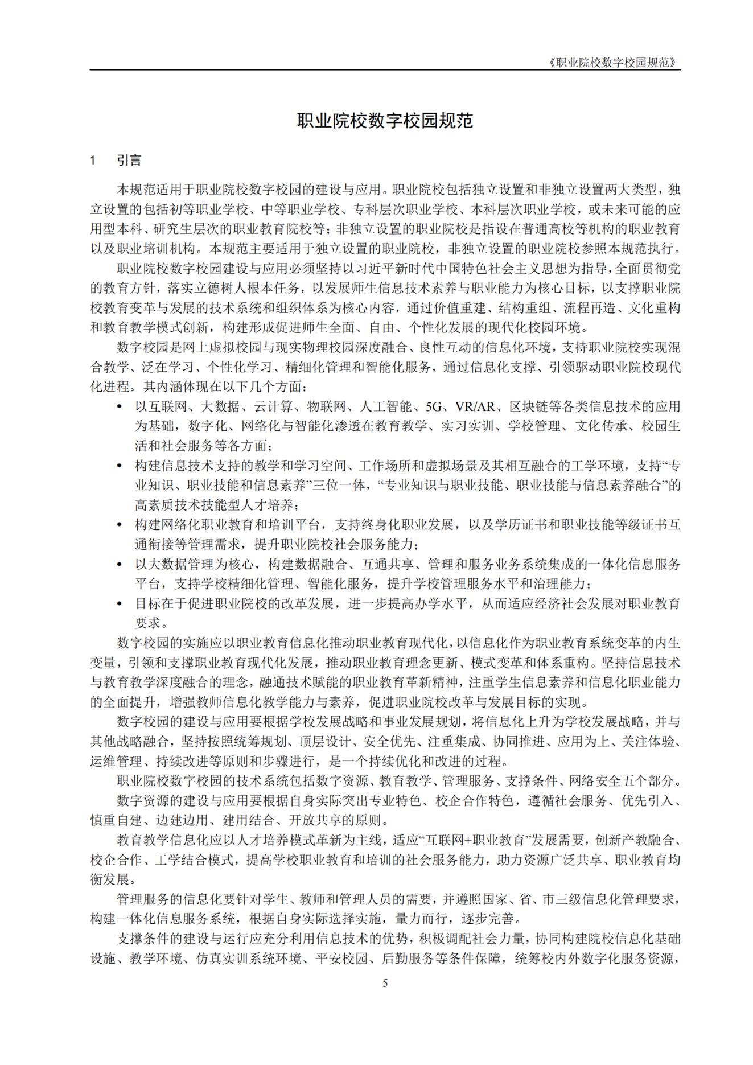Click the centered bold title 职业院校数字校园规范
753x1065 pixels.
(x=385, y=121)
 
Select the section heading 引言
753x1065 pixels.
(x=129, y=161)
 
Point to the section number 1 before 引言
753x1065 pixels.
(x=93, y=161)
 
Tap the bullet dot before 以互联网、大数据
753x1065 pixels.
(x=119, y=407)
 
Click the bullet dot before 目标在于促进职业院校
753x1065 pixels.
(x=119, y=603)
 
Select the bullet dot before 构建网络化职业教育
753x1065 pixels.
(x=119, y=524)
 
